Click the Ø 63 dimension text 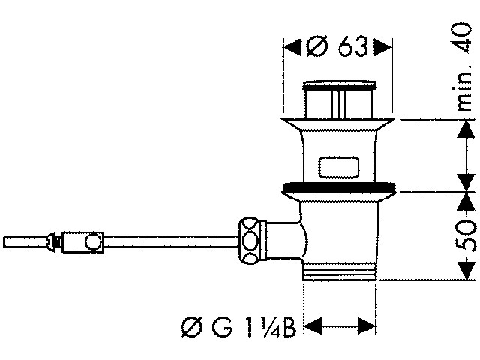[x=337, y=46]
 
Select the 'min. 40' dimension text [x=463, y=66]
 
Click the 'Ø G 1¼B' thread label [x=238, y=327]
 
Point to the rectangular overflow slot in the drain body [x=338, y=168]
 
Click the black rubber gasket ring [x=340, y=187]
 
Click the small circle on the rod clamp [x=93, y=241]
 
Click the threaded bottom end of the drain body [x=339, y=271]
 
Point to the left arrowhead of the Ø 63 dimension [x=293, y=47]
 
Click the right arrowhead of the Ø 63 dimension [x=382, y=47]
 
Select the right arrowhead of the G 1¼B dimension [x=367, y=326]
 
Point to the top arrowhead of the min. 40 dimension [x=466, y=130]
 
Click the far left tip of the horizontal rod [x=4, y=242]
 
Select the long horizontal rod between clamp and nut [x=171, y=241]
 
